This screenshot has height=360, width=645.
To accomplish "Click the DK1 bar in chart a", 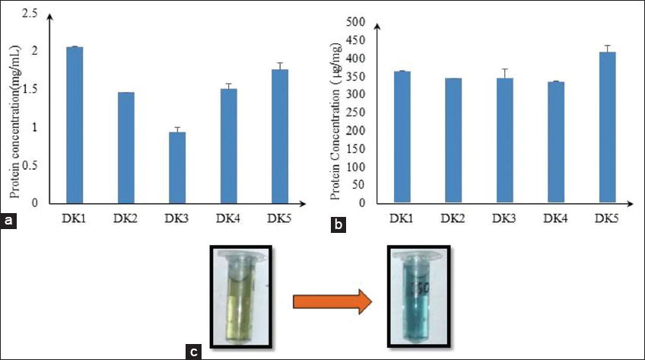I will pos(75,125).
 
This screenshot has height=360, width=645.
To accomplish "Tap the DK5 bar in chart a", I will pos(280,136).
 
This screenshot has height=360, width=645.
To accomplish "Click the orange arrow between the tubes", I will pos(332,302).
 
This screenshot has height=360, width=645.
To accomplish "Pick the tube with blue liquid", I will pos(411,301).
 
